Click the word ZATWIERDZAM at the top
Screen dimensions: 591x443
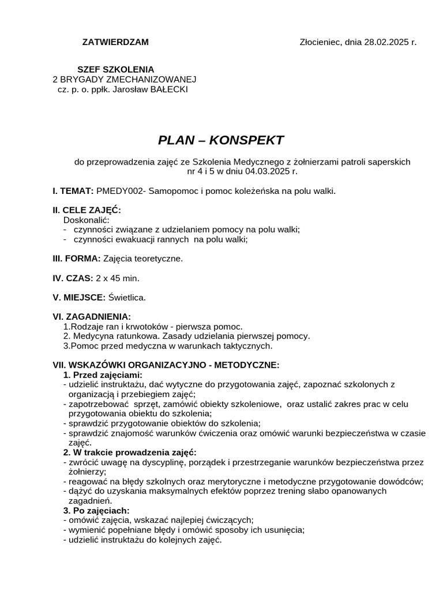[x=115, y=42]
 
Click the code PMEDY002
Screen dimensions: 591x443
[x=120, y=190]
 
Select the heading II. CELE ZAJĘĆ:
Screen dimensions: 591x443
[x=87, y=210]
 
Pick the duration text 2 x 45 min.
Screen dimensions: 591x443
[x=118, y=278]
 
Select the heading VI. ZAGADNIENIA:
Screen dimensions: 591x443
[x=92, y=316]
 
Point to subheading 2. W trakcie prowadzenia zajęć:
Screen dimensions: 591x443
[x=130, y=452]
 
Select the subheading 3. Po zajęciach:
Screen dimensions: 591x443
[x=96, y=510]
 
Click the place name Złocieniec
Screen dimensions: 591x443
[x=321, y=42]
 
